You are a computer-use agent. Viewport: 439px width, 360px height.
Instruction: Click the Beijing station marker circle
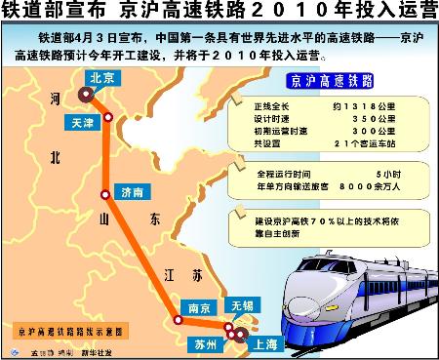(86, 95)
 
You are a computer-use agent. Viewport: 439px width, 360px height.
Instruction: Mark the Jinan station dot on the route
(104, 195)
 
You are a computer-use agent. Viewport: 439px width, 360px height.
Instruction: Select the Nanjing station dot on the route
(178, 318)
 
